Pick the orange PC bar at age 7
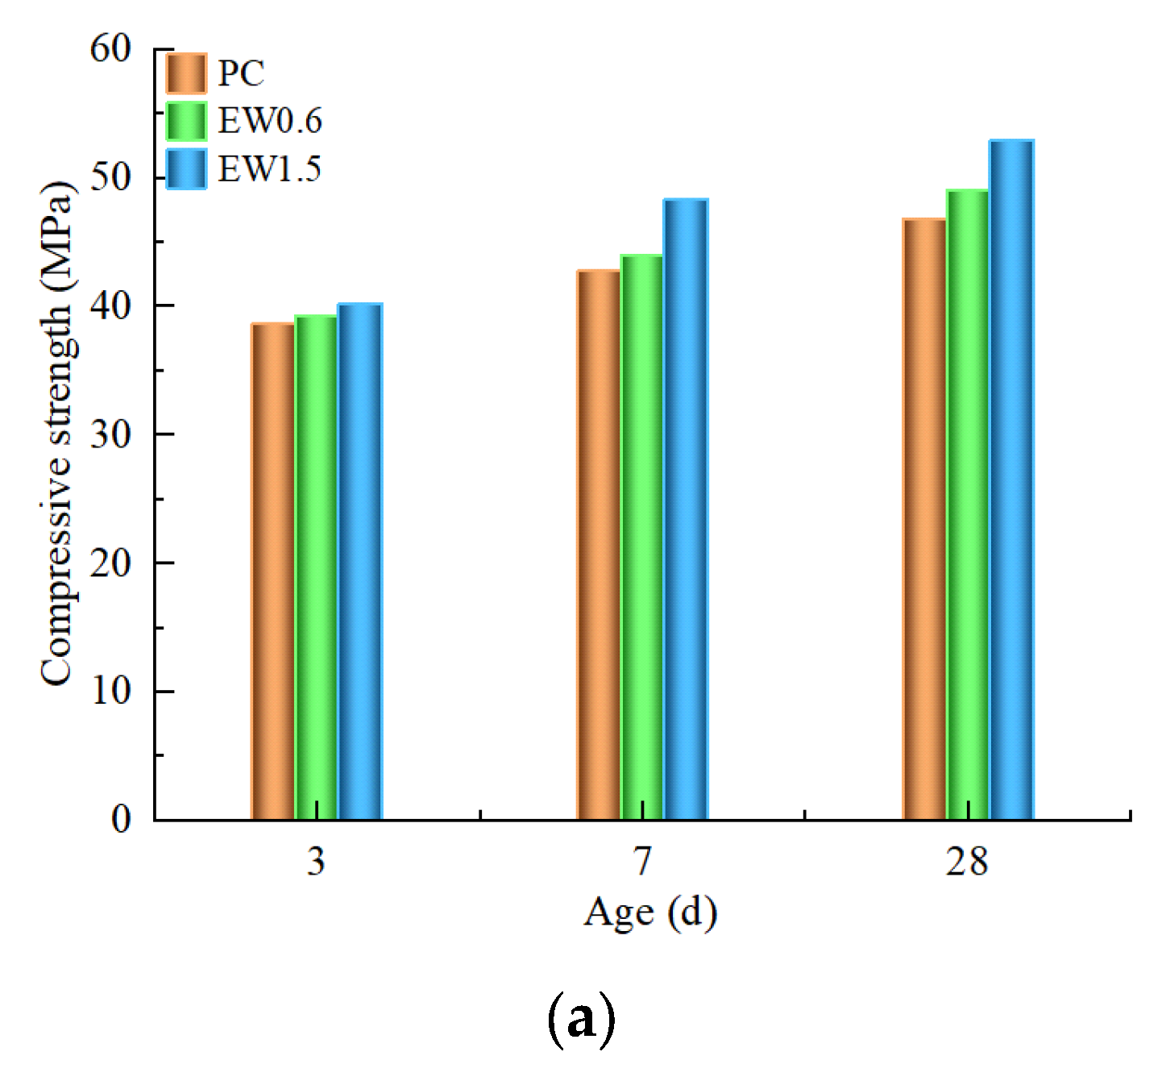598,544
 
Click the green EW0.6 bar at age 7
641,537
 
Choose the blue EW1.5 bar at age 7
685,509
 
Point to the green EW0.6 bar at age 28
967,504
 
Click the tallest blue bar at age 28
1011,480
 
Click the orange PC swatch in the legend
186,74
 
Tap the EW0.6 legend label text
270,121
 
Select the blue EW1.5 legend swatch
186,169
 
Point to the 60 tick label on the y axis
110,49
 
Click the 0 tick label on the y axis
121,820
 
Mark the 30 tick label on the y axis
110,434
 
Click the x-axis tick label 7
641,862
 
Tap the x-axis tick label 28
966,862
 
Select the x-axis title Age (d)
649,912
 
